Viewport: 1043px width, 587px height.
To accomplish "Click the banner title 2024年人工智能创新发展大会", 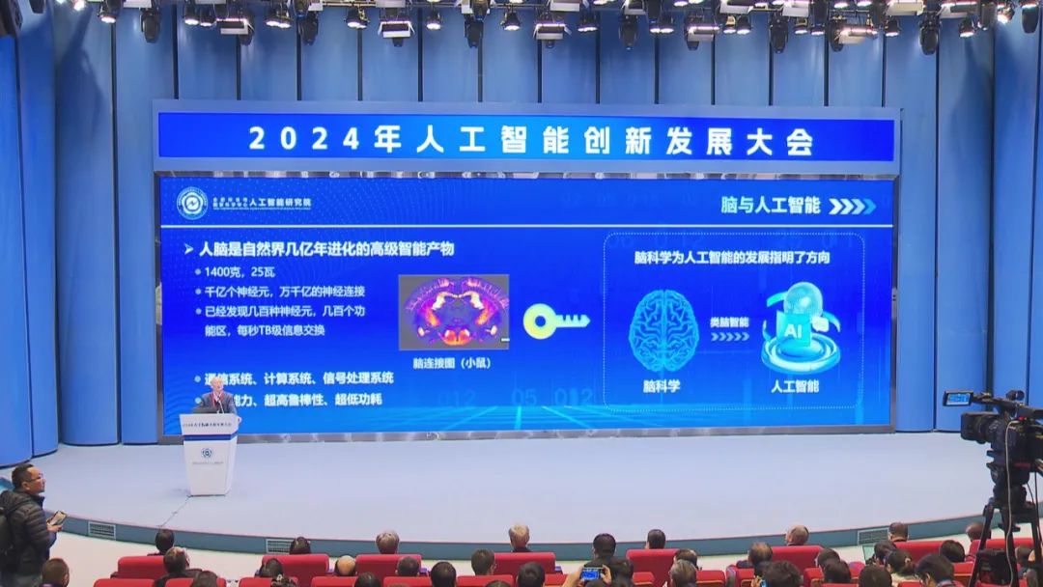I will (x=530, y=140).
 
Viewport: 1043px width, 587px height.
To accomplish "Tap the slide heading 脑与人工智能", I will (x=770, y=205).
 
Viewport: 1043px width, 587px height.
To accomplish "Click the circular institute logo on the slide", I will (x=192, y=203).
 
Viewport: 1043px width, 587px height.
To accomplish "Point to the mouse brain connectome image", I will (x=454, y=311).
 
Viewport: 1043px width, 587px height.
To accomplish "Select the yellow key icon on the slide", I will (x=555, y=321).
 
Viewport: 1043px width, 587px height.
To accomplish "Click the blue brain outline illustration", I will (x=662, y=330).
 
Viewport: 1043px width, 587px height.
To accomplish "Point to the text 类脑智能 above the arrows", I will (x=729, y=322).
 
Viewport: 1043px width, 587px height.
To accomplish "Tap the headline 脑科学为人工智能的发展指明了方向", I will (x=732, y=258).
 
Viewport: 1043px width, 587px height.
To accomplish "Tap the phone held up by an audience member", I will (x=590, y=573).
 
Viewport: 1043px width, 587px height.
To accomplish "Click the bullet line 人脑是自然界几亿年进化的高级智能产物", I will (x=325, y=249).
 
